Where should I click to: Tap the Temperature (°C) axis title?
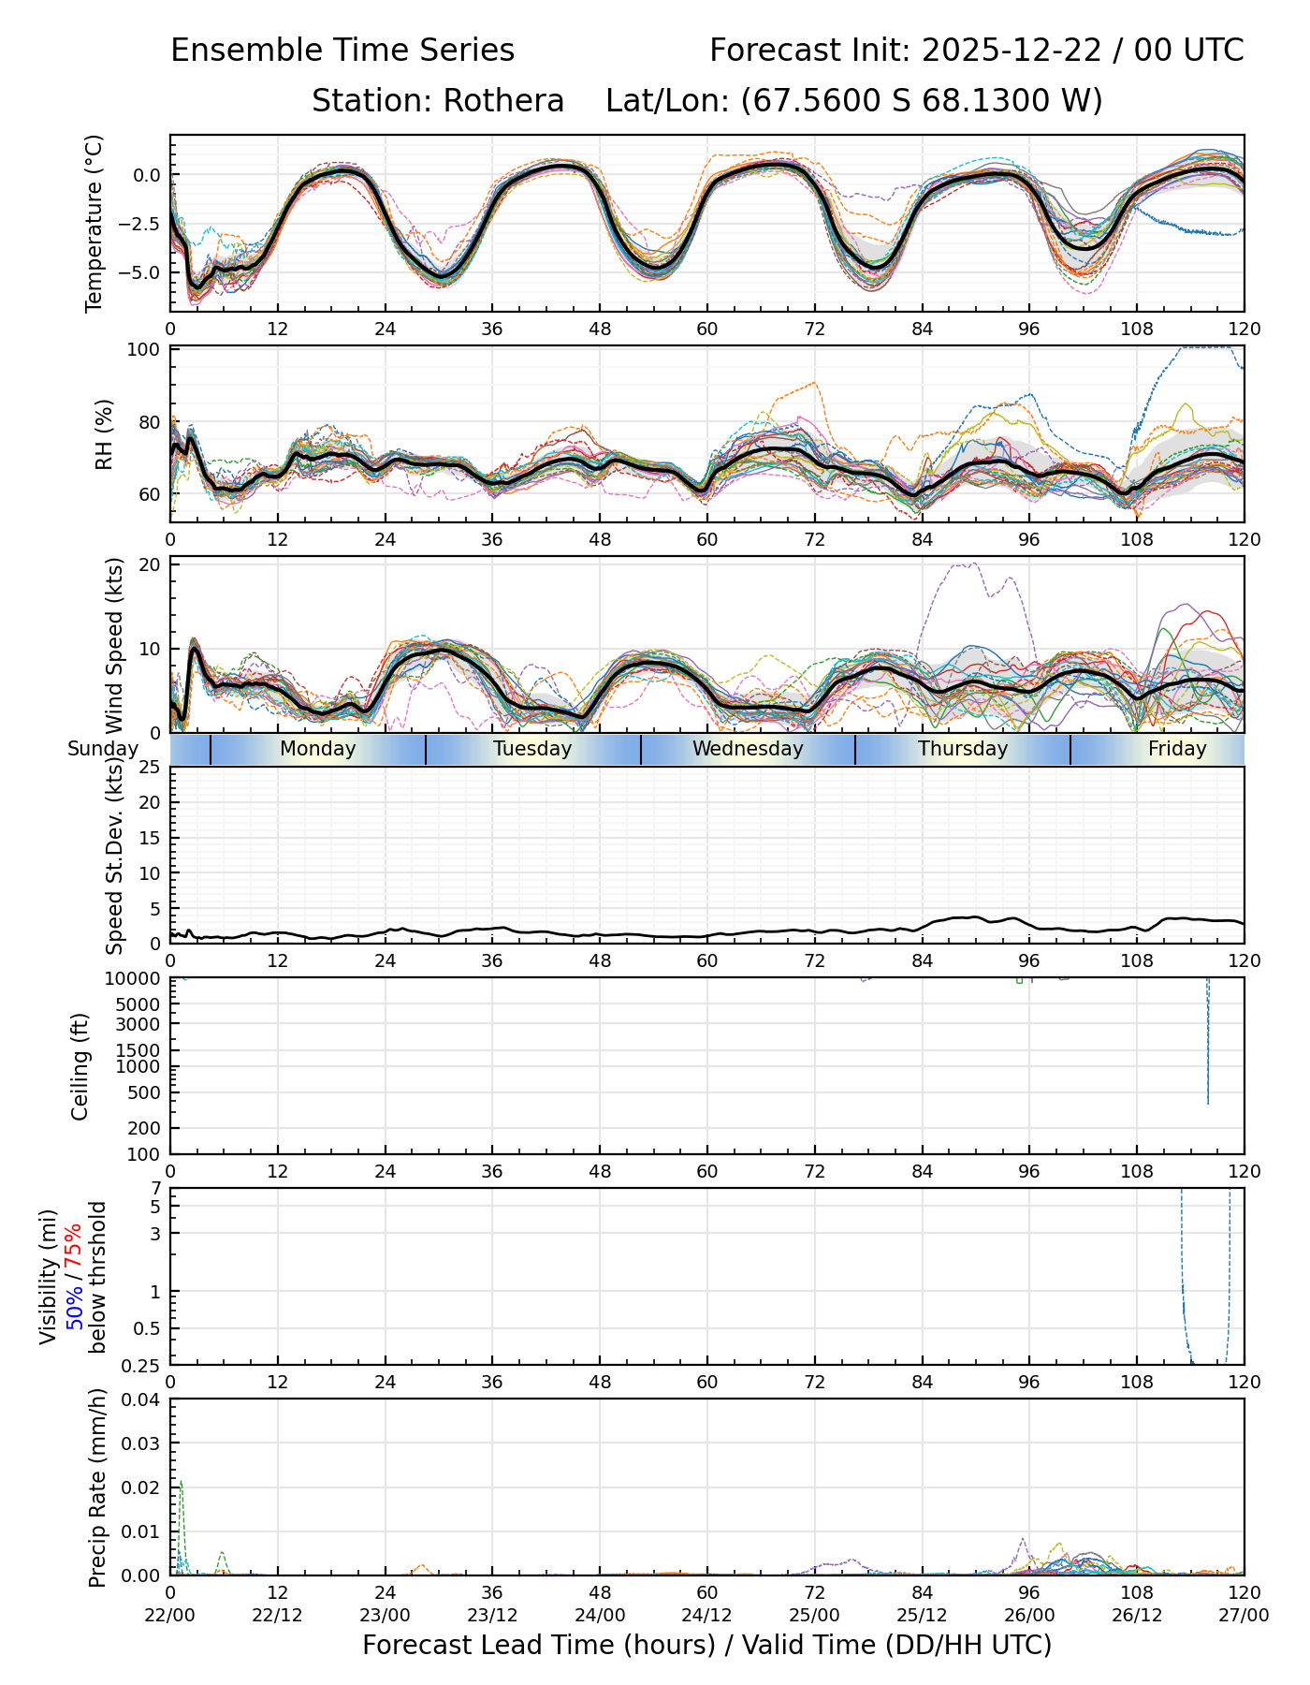94,223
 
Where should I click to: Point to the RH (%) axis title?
104,434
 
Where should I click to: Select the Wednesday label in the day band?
748,749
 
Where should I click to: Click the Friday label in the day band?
1177,749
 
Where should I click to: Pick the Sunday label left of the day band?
103,749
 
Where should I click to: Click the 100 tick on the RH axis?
147,350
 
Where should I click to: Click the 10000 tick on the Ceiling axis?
138,979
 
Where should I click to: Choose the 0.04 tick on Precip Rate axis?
143,1399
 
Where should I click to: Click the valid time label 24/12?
706,1615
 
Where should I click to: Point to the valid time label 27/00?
1244,1615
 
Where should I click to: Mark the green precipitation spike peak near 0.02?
181,1482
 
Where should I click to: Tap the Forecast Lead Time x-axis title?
706,1645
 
